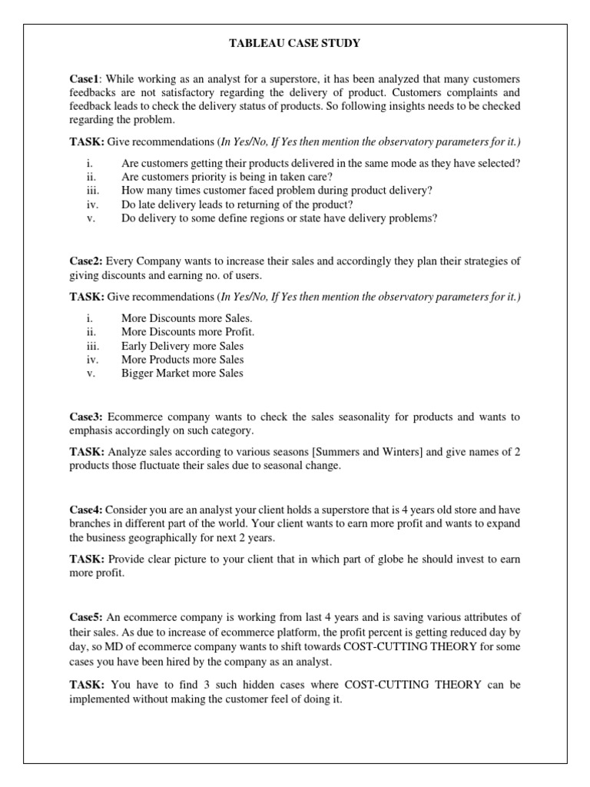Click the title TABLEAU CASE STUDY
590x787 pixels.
[295, 44]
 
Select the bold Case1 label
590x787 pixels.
[85, 79]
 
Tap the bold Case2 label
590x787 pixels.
[86, 261]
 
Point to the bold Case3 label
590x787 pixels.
[86, 417]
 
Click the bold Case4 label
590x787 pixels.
[86, 510]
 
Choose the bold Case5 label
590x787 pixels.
[86, 617]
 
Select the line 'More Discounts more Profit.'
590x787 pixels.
[187, 332]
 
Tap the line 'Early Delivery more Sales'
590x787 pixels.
[182, 346]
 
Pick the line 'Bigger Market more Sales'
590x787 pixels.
[182, 374]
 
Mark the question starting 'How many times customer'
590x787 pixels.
[277, 191]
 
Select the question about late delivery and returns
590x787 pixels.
[237, 204]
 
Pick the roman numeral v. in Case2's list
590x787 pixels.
[90, 374]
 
